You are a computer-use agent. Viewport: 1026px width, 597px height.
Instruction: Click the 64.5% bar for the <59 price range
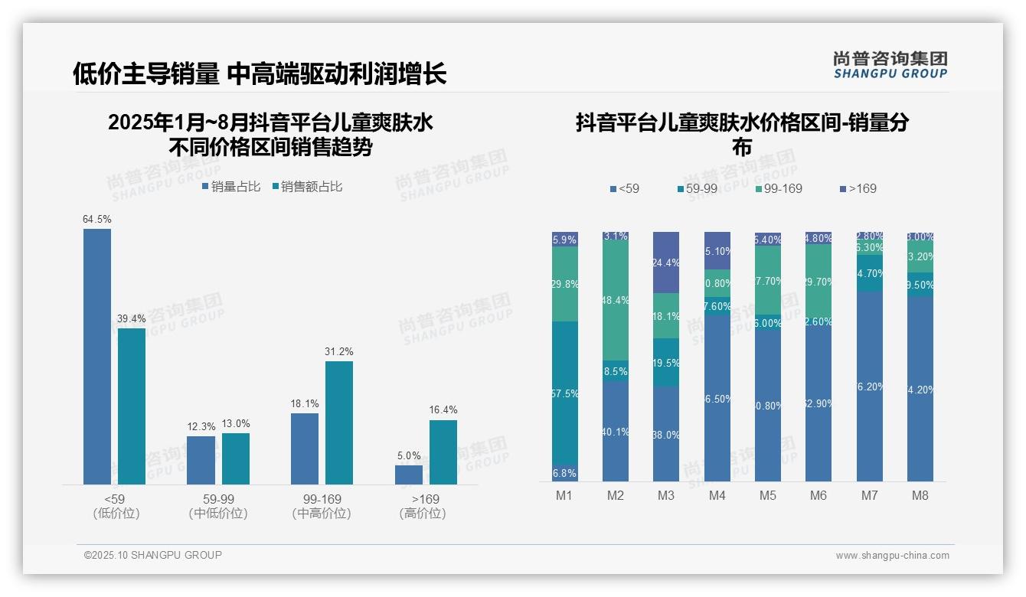tap(97, 356)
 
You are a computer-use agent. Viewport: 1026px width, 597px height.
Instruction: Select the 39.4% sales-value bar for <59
tap(132, 406)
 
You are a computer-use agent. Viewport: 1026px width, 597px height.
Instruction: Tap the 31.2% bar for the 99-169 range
tap(339, 422)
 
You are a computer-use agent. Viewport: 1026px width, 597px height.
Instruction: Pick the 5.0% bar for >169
tap(409, 475)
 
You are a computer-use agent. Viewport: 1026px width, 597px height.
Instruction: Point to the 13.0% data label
tap(236, 423)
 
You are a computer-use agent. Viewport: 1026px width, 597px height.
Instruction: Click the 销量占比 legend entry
tap(231, 187)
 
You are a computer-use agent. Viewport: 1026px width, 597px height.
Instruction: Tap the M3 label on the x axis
tap(666, 495)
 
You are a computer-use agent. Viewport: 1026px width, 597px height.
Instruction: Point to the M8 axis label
tap(920, 495)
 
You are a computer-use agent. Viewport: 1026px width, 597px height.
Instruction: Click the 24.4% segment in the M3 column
tap(666, 263)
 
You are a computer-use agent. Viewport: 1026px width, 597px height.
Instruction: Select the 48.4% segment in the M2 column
tap(616, 300)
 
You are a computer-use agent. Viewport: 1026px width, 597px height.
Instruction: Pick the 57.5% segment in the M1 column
tap(565, 393)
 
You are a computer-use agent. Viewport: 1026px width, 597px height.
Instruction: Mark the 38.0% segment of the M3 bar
tap(666, 433)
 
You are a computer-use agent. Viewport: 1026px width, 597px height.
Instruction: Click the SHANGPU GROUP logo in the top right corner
tap(890, 65)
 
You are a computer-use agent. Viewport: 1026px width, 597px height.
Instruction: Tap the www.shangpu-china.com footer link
tap(892, 556)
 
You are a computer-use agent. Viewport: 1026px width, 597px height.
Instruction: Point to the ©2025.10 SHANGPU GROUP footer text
tap(153, 555)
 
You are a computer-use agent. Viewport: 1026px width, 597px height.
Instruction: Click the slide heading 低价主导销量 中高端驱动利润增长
tap(260, 73)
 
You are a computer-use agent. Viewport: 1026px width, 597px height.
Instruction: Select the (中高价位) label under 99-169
tap(322, 514)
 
